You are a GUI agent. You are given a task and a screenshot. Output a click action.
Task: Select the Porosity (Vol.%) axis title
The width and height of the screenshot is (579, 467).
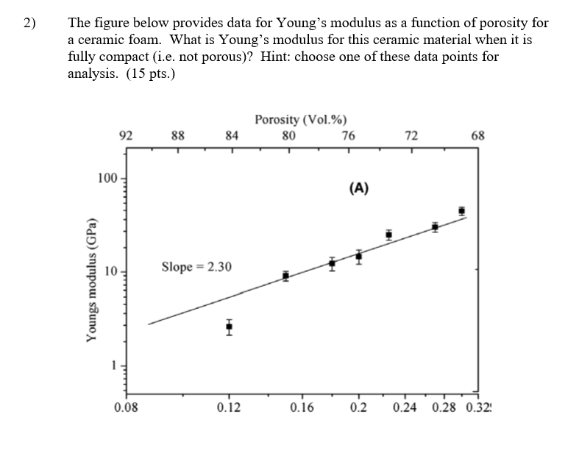pos(301,120)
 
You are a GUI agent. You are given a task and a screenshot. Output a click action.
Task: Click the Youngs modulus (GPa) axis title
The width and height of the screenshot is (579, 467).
pos(91,280)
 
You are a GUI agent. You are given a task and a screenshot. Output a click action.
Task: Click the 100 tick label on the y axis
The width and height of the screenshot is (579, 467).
pos(107,178)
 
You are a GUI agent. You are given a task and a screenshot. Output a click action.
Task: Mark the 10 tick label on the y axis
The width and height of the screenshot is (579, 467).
pos(110,271)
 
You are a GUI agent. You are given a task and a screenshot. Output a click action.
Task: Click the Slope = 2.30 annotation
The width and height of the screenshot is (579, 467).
pos(196,266)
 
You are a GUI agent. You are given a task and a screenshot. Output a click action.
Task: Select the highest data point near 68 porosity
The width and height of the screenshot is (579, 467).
pos(461,210)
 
